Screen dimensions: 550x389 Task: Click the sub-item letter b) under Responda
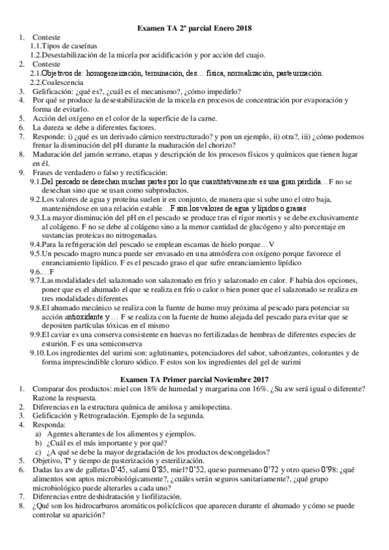click(39, 442)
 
